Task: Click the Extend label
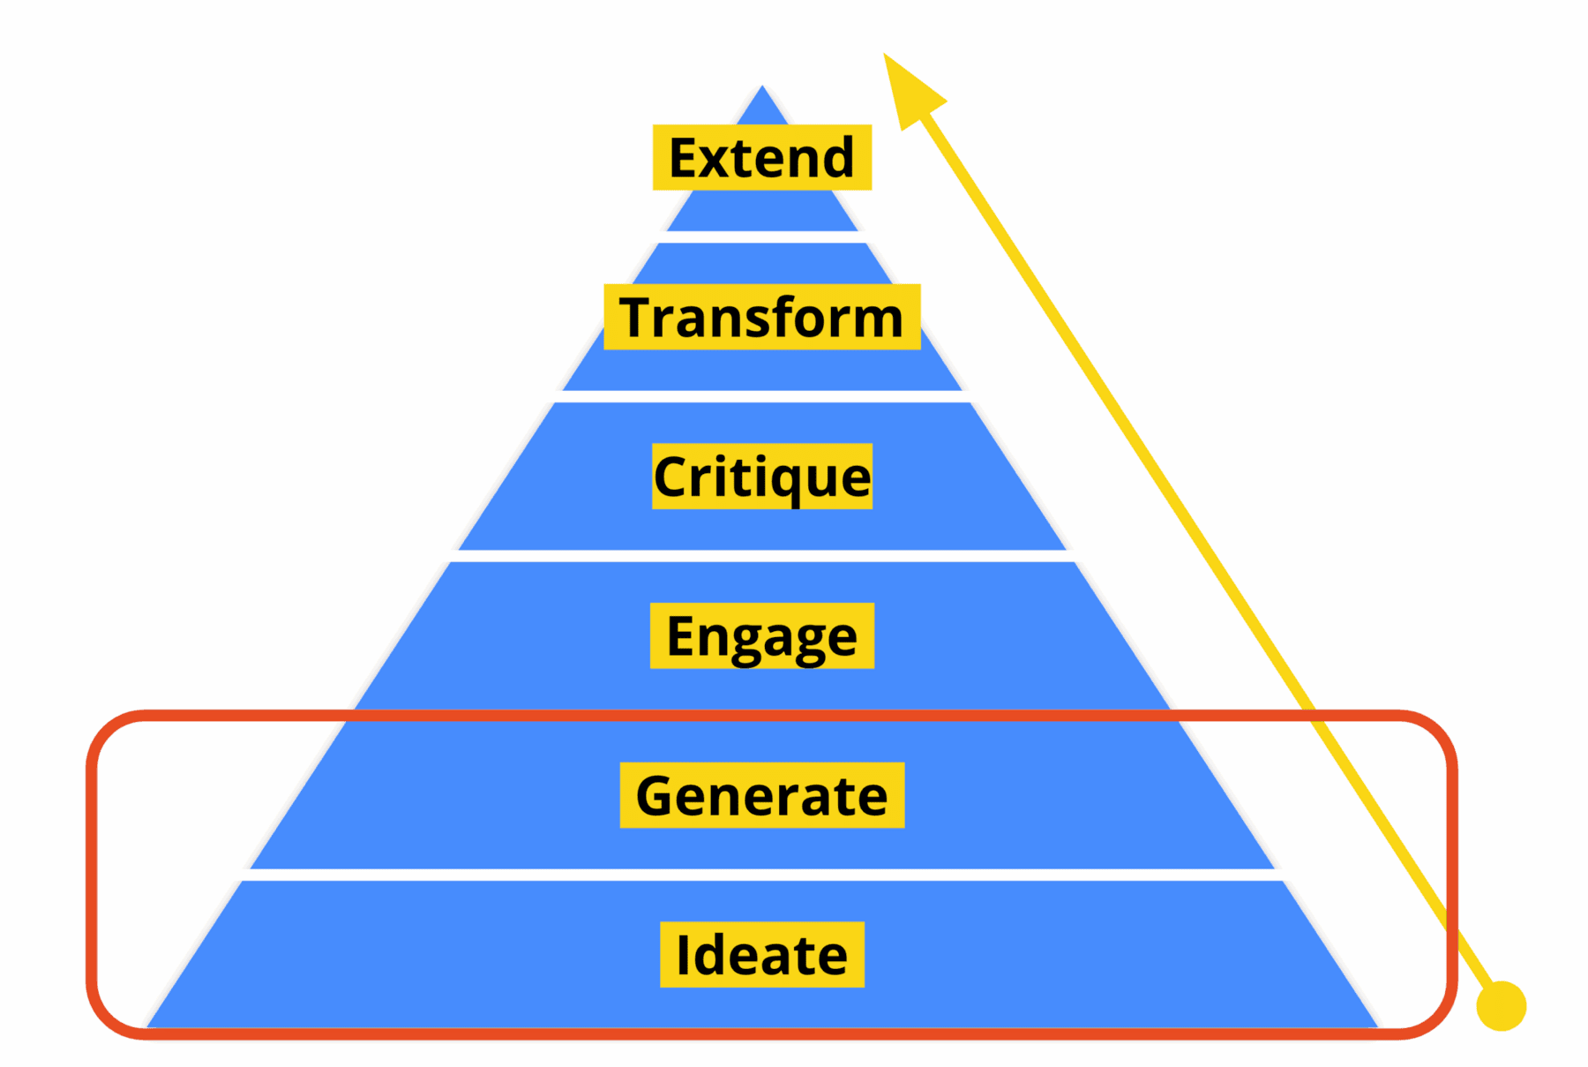pyautogui.click(x=761, y=157)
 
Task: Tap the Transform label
pyautogui.click(x=761, y=317)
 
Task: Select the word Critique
pyautogui.click(x=761, y=477)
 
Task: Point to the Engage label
pyautogui.click(x=761, y=635)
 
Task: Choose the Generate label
pyautogui.click(x=761, y=795)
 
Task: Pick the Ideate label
pyautogui.click(x=761, y=954)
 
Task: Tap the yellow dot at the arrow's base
pyautogui.click(x=1501, y=1005)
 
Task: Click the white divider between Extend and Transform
pyautogui.click(x=761, y=237)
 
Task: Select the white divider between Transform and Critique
pyautogui.click(x=761, y=396)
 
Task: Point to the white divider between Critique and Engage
pyautogui.click(x=761, y=556)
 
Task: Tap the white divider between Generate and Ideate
pyautogui.click(x=761, y=875)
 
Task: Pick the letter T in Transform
pyautogui.click(x=635, y=317)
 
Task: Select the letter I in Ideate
pyautogui.click(x=682, y=955)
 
